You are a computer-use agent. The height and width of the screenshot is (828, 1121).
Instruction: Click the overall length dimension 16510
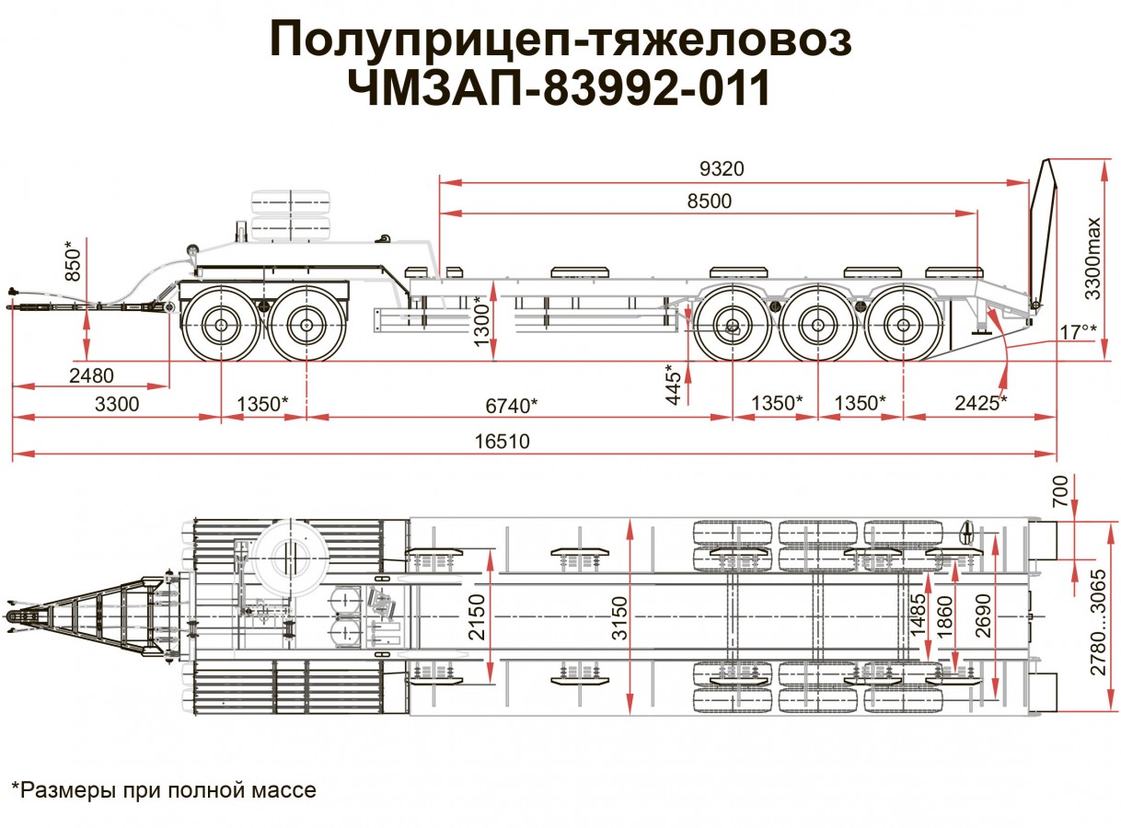click(503, 442)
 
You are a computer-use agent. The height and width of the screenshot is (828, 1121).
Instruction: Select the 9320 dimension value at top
click(722, 169)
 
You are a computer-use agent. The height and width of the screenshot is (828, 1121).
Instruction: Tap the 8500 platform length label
click(709, 201)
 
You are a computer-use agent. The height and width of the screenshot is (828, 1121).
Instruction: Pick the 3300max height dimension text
click(1092, 259)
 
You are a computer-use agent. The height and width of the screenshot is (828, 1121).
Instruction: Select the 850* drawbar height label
click(75, 260)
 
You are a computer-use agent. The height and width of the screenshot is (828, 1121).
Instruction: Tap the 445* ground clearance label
click(674, 384)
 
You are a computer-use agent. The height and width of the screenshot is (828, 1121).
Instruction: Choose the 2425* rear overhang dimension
click(980, 403)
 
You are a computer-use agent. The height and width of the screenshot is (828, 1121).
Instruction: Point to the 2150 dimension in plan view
click(476, 615)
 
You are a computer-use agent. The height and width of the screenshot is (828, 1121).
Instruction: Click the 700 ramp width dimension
click(1059, 492)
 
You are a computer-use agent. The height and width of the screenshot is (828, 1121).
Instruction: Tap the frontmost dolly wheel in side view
click(222, 325)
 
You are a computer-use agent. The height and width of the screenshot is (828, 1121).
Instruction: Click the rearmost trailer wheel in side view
click(903, 325)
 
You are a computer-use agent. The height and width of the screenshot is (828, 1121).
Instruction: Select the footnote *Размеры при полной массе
click(163, 789)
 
